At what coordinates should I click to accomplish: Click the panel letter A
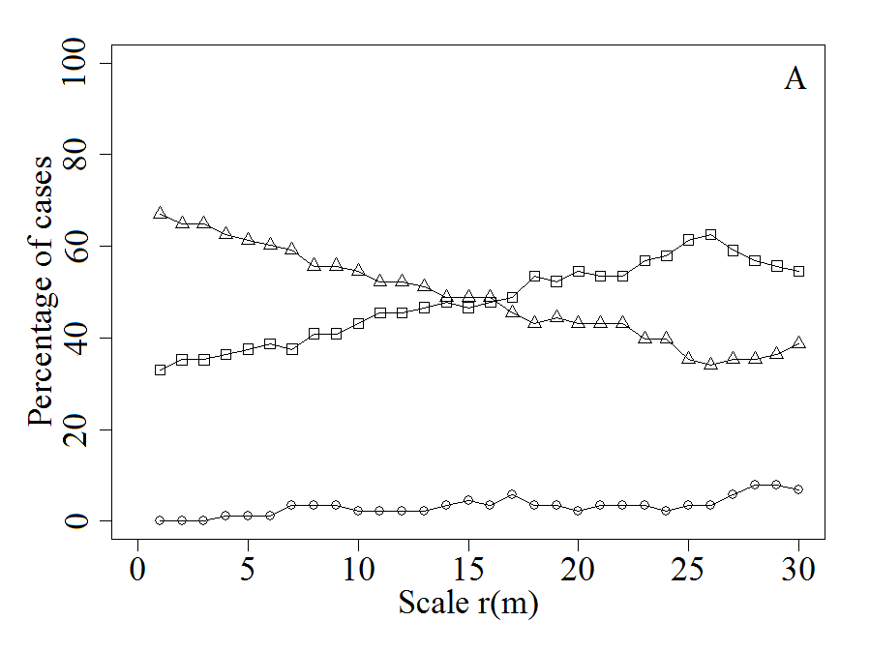795,79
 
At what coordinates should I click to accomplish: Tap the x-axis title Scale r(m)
467,603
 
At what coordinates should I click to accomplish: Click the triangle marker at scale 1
160,213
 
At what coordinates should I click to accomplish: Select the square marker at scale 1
160,370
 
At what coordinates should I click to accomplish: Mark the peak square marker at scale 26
710,235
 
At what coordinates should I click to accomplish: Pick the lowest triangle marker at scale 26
710,364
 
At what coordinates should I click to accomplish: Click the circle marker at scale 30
798,489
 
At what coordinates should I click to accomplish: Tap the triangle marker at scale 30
798,342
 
